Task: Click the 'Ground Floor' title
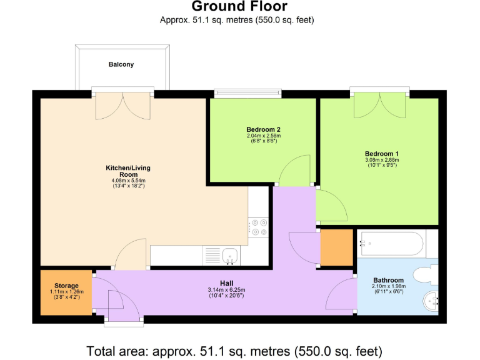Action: click(x=239, y=7)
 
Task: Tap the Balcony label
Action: click(x=121, y=64)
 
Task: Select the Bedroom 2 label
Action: click(x=263, y=129)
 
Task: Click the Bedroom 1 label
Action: click(x=382, y=154)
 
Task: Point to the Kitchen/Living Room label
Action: click(x=128, y=171)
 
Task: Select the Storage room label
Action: click(x=66, y=286)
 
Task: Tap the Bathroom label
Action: click(x=389, y=280)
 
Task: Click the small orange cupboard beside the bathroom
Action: click(x=336, y=247)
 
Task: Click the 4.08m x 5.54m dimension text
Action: click(x=128, y=181)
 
